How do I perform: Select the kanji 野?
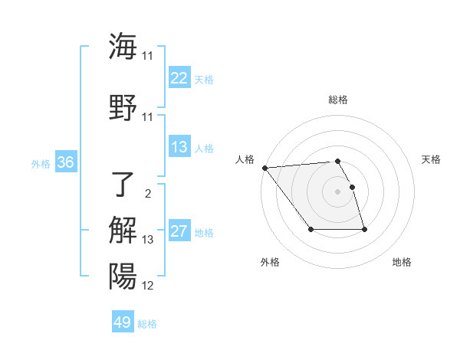(123, 107)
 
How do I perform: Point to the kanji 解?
(123, 230)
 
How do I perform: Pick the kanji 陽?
(123, 276)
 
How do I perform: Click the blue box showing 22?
(179, 78)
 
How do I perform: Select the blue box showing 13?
(179, 147)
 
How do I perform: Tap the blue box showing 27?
(179, 231)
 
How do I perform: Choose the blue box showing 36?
(65, 162)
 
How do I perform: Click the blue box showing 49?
(123, 322)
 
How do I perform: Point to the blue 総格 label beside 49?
(147, 324)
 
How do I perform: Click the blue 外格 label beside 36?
(41, 163)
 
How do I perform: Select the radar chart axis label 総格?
(338, 100)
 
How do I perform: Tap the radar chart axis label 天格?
(432, 159)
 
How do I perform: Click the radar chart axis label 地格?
(402, 262)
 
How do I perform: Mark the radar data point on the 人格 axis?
(264, 168)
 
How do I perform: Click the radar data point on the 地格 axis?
(364, 229)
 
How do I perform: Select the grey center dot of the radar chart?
(338, 191)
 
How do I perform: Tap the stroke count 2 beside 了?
(147, 193)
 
